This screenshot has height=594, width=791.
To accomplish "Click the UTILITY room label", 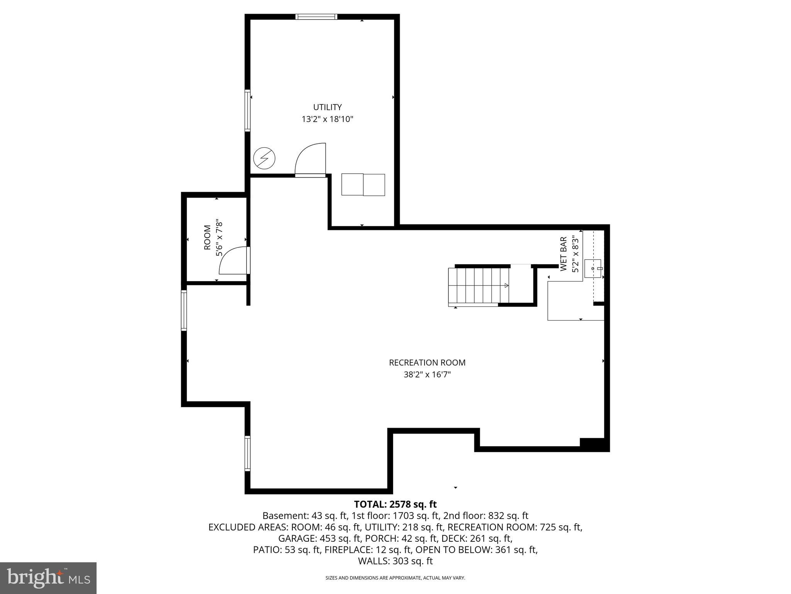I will point(327,107).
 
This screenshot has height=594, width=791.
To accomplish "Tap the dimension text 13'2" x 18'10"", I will point(328,119).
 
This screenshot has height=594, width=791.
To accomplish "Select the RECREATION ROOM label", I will point(427,363).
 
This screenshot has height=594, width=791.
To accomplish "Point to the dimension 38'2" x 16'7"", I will point(427,374).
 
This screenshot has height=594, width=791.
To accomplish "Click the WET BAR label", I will point(564,254).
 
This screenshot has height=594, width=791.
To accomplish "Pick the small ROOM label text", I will point(207,237).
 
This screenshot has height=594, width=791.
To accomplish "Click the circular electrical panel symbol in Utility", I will point(264,158).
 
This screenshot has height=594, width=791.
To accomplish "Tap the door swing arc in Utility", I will point(309,159).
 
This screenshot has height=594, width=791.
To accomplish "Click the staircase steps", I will point(478,285).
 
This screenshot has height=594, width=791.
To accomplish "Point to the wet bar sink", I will point(593,268).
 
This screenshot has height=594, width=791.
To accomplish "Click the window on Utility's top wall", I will point(316,17).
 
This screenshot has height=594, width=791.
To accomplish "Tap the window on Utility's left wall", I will point(248,110).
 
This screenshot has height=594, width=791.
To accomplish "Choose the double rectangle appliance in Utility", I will point(363,184).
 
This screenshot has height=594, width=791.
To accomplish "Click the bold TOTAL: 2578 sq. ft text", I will point(395,504).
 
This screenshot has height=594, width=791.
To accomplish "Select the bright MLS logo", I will point(48,578).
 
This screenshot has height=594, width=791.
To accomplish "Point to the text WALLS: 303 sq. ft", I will point(395,561).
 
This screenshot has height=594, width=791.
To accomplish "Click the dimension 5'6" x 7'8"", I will point(219,237).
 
